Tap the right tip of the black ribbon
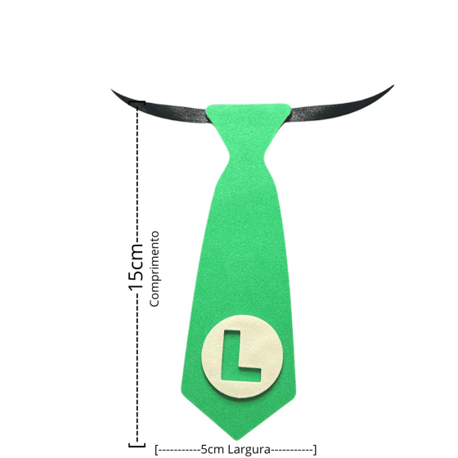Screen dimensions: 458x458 tap(393, 86)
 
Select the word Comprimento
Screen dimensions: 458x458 tap(155, 269)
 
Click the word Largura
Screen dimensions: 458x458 tap(249, 449)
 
